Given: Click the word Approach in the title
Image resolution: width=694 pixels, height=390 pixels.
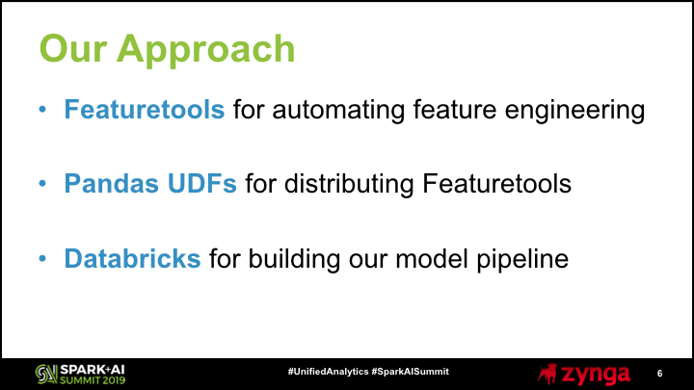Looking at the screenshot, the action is (x=206, y=50).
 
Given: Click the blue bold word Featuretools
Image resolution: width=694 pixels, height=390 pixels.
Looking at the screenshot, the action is (x=145, y=109).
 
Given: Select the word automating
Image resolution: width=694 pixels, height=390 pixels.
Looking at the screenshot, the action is (x=338, y=111).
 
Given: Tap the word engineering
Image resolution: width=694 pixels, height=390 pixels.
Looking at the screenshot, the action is (x=574, y=111).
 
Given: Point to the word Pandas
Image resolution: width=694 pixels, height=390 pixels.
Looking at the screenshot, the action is (x=111, y=183).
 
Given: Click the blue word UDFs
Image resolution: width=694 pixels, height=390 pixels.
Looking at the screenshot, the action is (x=201, y=183).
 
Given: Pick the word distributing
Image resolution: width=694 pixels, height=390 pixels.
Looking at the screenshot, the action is (x=349, y=184).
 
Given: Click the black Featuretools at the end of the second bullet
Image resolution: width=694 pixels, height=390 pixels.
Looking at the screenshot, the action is (x=496, y=183).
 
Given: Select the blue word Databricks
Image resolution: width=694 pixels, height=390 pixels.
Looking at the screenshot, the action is (x=132, y=258).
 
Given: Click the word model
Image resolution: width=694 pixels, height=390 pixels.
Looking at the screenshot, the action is (x=432, y=258).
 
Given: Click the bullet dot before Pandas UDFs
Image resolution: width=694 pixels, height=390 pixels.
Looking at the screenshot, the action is (x=42, y=183).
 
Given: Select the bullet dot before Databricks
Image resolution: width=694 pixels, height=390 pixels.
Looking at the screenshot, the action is (x=42, y=258).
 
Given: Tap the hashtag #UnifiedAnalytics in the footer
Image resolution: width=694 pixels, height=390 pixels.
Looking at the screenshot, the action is (x=328, y=372).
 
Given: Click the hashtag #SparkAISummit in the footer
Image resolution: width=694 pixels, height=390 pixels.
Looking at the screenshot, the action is (x=411, y=372).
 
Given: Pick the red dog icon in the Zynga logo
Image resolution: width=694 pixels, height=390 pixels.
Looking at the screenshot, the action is (x=547, y=374).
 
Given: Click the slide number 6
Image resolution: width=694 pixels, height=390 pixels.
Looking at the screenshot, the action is (x=659, y=374).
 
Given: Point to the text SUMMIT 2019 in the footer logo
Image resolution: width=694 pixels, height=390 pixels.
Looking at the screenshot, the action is (x=93, y=379).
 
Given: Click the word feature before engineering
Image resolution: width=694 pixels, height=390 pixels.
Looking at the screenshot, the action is (x=455, y=109).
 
